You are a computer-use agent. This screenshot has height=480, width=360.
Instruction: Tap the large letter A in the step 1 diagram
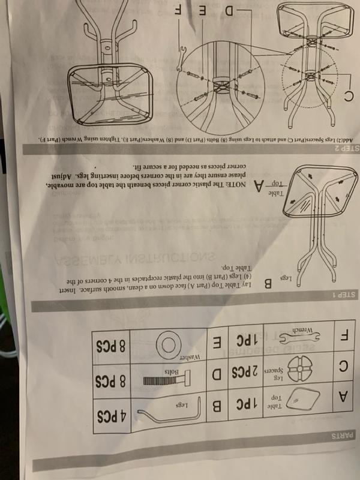tap(259, 187)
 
